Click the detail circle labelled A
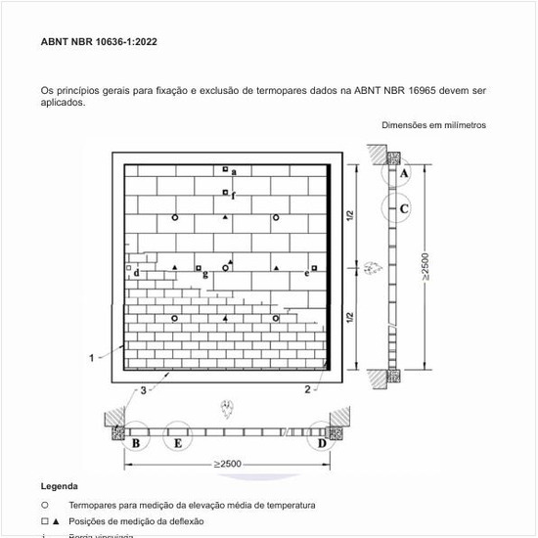(403, 172)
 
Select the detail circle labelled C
(403, 208)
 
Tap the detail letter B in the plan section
(136, 443)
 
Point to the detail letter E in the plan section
(177, 443)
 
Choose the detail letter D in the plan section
(322, 443)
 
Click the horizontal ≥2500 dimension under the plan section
(228, 463)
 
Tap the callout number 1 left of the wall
(92, 358)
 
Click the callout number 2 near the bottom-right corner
(307, 389)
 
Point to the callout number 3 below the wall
(143, 390)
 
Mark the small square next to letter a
(225, 169)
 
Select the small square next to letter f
(225, 192)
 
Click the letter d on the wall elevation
(136, 273)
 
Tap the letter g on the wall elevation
(204, 275)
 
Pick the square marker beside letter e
(314, 267)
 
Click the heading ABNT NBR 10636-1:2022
(99, 43)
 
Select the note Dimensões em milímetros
(433, 125)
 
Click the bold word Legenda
(59, 486)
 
